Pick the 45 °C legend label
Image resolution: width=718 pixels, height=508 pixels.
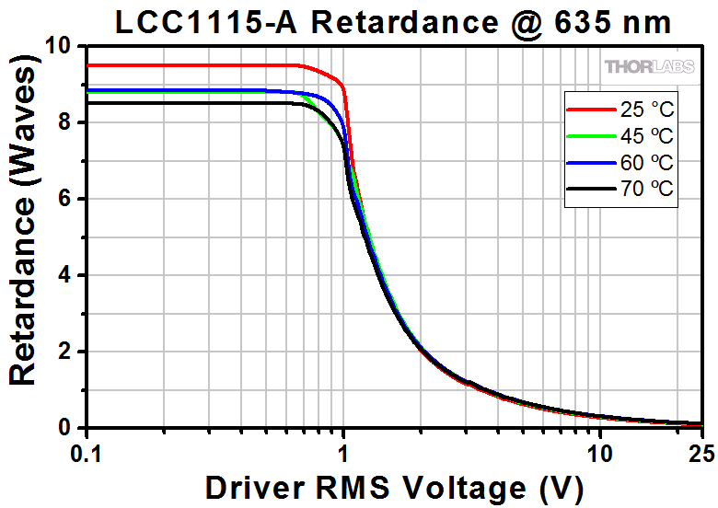[646, 137]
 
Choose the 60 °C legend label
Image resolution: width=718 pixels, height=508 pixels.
[646, 164]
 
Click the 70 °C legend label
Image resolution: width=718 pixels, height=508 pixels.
[646, 190]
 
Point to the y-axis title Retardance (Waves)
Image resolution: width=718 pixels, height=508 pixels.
[24, 237]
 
